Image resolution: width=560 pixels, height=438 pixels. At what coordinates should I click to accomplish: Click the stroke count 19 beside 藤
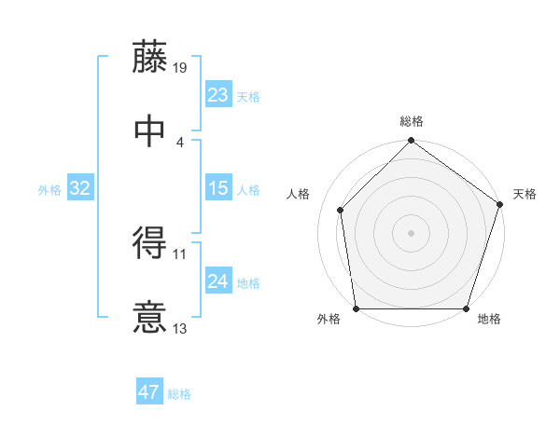coord(181,67)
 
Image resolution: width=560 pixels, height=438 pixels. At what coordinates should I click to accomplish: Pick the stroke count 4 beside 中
coord(179,142)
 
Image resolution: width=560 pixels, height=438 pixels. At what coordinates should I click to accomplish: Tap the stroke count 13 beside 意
coord(181,328)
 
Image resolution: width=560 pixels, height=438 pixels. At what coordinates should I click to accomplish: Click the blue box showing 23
coord(217,94)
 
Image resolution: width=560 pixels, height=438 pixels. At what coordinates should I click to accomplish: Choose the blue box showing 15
coord(217,188)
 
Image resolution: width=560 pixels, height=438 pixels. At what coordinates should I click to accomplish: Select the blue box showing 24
coord(217,281)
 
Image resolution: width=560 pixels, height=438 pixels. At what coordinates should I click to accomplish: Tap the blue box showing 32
coord(80,188)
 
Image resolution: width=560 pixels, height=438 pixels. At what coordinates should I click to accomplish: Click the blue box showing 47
coord(148,392)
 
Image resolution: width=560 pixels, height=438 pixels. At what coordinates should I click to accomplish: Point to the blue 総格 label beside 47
coord(179,394)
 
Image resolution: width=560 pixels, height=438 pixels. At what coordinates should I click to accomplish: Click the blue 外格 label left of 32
coord(49,190)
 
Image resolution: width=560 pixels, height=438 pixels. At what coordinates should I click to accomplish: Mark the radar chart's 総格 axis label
coord(411,121)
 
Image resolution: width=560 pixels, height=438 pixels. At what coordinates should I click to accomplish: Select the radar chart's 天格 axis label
coord(525,194)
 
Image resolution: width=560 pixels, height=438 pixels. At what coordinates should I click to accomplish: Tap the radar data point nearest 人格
coord(341,210)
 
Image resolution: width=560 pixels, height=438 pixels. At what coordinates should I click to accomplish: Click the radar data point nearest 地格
coord(467,308)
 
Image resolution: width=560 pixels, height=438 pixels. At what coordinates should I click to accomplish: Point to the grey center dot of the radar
coord(411,232)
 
